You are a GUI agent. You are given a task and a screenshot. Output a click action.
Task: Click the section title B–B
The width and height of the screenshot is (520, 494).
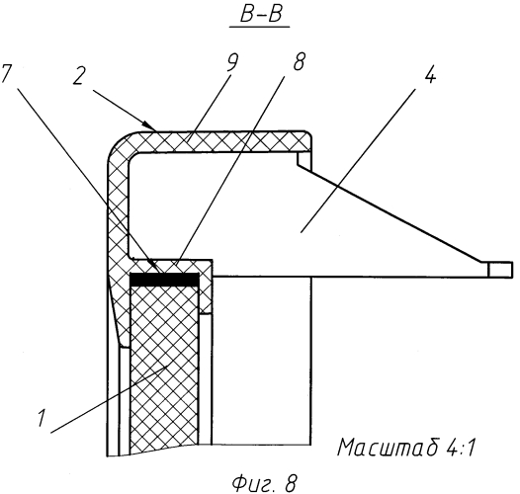(x=260, y=14)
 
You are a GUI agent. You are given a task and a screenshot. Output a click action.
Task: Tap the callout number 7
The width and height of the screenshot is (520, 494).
(x=7, y=72)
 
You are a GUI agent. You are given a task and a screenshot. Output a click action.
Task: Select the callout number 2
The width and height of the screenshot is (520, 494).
(x=78, y=76)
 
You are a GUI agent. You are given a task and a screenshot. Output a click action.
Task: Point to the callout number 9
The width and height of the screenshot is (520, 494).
(x=232, y=61)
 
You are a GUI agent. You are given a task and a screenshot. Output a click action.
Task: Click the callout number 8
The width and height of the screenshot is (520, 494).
(x=299, y=61)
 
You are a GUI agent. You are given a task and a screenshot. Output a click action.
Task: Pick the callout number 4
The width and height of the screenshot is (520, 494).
(x=429, y=73)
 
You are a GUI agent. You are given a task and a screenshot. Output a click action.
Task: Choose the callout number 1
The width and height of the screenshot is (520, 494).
(x=42, y=418)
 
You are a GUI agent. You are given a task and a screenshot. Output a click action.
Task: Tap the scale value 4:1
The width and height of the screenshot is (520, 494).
(x=460, y=448)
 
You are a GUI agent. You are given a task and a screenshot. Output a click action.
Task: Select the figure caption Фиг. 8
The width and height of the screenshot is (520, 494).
(x=264, y=483)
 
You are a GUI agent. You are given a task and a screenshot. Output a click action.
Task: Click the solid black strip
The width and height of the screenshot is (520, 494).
(x=165, y=279)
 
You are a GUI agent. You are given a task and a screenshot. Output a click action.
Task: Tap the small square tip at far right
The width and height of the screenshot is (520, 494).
(x=499, y=269)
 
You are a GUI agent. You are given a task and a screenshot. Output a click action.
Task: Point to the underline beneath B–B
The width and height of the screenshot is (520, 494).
(x=260, y=27)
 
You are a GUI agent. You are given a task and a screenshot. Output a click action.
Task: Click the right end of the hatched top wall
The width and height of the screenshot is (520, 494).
(x=305, y=141)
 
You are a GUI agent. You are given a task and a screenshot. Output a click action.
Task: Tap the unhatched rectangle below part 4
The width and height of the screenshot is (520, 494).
(x=261, y=361)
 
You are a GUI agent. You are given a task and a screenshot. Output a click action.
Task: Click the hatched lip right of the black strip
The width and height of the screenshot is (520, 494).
(x=206, y=288)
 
